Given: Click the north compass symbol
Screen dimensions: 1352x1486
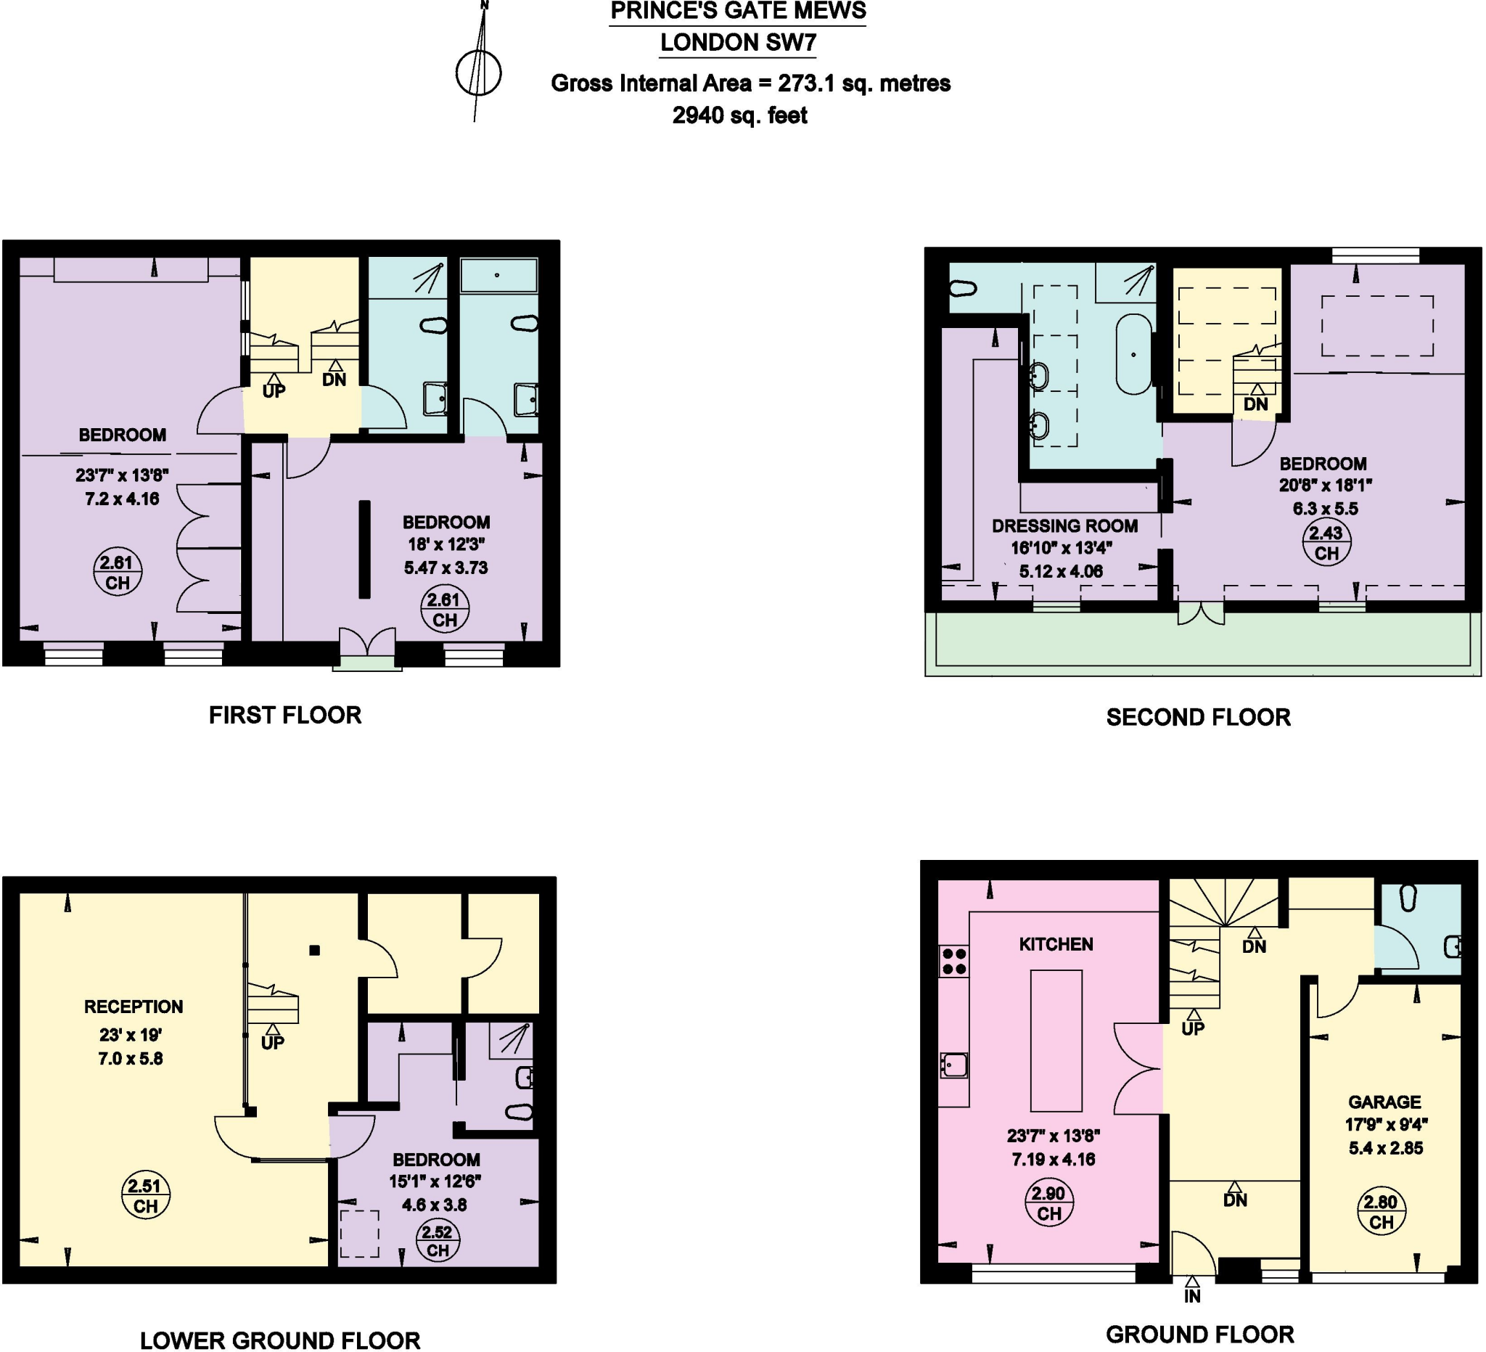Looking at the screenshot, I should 478,73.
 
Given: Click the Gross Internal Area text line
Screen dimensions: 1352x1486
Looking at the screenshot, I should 750,83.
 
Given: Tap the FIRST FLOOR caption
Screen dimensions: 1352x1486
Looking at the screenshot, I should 284,715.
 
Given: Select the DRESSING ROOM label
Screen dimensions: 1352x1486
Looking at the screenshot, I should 1064,525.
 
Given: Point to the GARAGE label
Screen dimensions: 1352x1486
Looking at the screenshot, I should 1384,1102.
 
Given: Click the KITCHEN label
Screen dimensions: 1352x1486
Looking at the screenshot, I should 1056,944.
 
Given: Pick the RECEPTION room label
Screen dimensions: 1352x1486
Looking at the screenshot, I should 134,1007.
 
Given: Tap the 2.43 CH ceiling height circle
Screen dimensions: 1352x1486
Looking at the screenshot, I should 1326,543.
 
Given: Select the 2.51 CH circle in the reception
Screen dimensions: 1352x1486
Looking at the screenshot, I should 145,1196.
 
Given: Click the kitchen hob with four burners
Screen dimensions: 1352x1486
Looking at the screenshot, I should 954,962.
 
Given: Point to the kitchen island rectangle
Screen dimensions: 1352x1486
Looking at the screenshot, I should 1056,1040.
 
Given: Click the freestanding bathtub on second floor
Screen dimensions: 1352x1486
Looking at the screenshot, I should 1133,355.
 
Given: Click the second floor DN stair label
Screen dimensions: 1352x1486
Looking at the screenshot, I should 1255,404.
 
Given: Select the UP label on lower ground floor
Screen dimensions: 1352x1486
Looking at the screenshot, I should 272,1042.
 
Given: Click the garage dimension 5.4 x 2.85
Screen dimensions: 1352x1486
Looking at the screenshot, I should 1386,1148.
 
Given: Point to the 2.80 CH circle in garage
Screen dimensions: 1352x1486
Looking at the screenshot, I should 1381,1212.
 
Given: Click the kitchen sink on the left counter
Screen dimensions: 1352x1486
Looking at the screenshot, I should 954,1065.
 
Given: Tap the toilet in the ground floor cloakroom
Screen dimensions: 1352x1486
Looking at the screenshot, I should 1408,897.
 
